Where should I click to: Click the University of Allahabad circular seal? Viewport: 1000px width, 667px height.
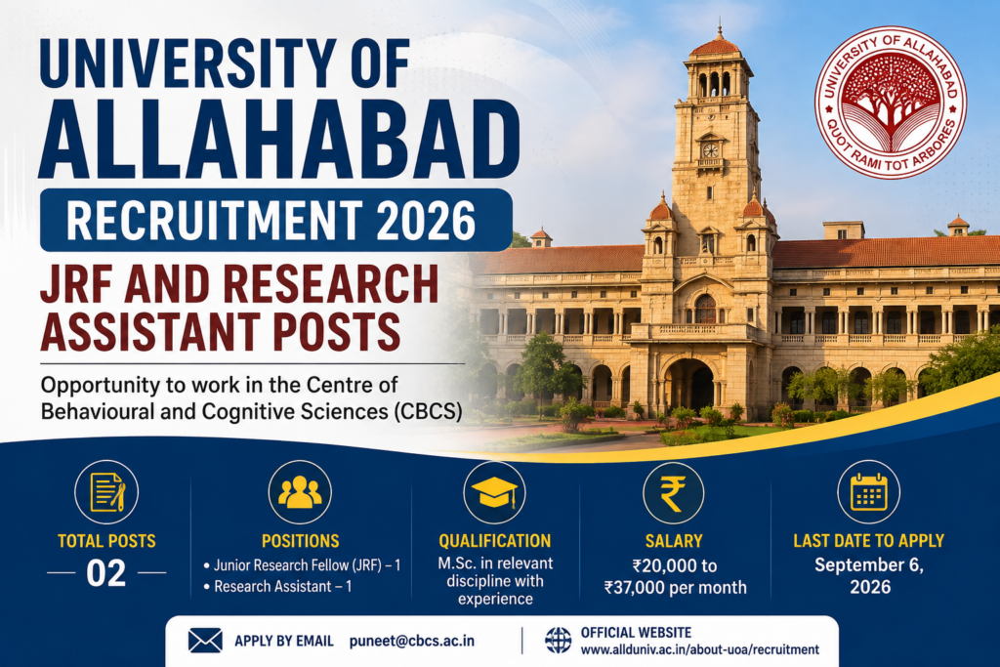click(891, 102)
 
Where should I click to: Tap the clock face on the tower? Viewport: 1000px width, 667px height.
click(711, 150)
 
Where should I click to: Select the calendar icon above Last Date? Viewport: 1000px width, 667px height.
click(868, 492)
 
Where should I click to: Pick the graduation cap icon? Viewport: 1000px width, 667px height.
click(494, 492)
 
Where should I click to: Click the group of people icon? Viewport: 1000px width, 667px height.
click(300, 492)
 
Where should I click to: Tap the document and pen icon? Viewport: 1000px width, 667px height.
click(106, 492)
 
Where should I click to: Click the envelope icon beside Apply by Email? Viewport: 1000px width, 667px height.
click(205, 641)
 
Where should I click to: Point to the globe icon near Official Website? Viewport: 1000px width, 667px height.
click(558, 641)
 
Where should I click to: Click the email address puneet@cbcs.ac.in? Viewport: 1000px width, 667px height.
click(412, 641)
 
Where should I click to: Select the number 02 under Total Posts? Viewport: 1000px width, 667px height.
click(105, 573)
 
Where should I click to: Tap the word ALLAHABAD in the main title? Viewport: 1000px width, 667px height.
click(279, 139)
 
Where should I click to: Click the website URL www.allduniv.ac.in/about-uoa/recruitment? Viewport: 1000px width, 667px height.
click(699, 649)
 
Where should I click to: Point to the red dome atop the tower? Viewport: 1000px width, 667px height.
click(715, 45)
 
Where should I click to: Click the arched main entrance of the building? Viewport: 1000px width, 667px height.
click(688, 385)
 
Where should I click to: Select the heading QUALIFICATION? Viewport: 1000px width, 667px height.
click(494, 541)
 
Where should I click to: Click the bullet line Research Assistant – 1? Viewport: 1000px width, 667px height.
click(277, 586)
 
